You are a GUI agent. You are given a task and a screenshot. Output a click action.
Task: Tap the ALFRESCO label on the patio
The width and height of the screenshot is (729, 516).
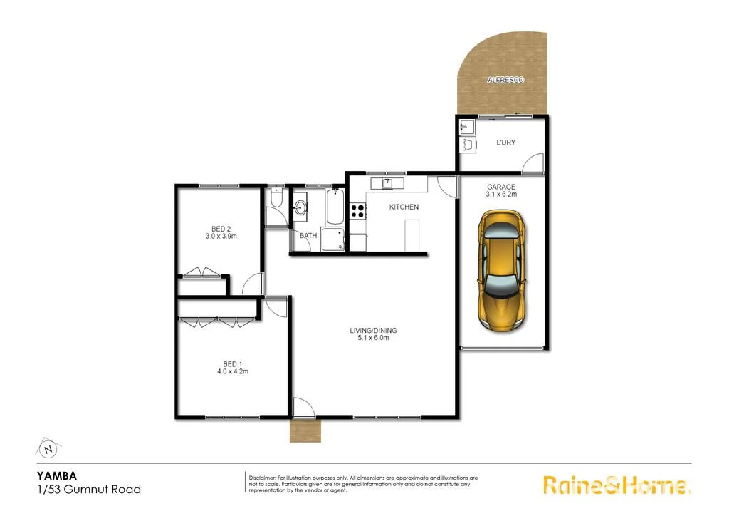[x=505, y=81]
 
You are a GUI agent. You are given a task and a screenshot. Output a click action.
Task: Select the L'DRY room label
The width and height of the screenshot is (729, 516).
[x=505, y=143]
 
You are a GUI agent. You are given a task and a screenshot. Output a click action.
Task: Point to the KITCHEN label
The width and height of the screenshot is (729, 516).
[x=404, y=207]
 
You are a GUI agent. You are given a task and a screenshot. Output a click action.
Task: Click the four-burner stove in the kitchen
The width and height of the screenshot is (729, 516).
[x=357, y=210]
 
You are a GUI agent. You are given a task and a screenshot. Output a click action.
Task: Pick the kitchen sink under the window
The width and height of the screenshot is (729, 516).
[x=387, y=183]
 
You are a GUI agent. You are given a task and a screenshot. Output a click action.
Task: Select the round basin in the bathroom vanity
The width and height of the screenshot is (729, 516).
[x=302, y=208]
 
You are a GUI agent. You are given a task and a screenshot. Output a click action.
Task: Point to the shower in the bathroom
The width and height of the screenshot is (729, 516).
[x=333, y=240]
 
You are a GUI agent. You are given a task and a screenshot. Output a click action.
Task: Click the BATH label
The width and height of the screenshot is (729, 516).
[x=308, y=235]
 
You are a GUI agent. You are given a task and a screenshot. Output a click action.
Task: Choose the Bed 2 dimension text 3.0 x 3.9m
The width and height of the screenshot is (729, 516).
[x=221, y=236]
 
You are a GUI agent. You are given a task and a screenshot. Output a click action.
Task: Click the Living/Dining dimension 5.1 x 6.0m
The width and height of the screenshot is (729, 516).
[x=373, y=338]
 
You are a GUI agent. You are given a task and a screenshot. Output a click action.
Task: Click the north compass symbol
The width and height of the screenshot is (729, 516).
[x=48, y=450]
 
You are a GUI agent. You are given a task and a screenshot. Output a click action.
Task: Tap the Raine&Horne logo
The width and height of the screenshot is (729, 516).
[x=616, y=485]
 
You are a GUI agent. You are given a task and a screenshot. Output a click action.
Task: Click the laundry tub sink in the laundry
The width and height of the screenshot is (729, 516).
[x=468, y=147]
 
